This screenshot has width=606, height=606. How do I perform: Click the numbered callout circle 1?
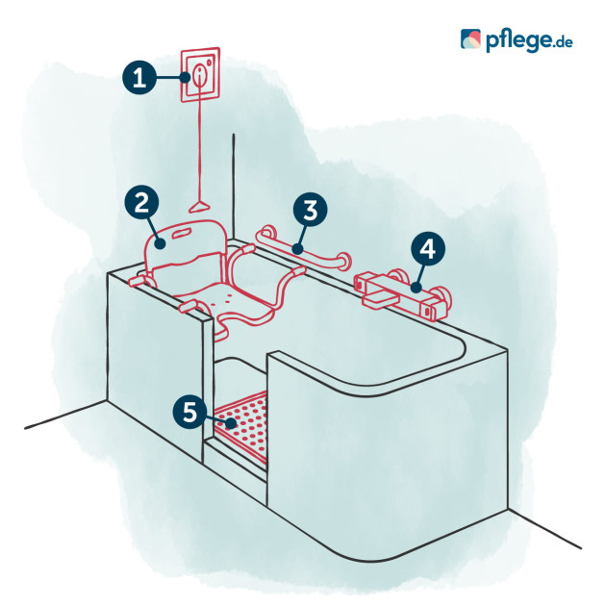(x=139, y=77)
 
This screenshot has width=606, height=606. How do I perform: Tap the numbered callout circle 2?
(x=141, y=203)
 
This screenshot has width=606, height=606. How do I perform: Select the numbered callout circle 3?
(x=310, y=210)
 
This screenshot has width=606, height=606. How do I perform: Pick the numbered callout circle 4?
(x=427, y=249)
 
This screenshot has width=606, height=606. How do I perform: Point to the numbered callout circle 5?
(x=190, y=412)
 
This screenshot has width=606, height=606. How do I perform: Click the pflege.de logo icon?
(x=470, y=39)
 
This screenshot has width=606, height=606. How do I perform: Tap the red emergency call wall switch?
(x=201, y=75)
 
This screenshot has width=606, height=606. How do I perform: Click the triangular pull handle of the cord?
(x=199, y=207)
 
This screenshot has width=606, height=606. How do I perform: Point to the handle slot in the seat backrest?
(x=185, y=233)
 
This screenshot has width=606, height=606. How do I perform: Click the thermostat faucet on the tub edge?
(x=402, y=294)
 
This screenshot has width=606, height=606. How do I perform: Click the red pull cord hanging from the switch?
(x=199, y=147)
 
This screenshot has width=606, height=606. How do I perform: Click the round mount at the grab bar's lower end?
(x=343, y=261)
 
